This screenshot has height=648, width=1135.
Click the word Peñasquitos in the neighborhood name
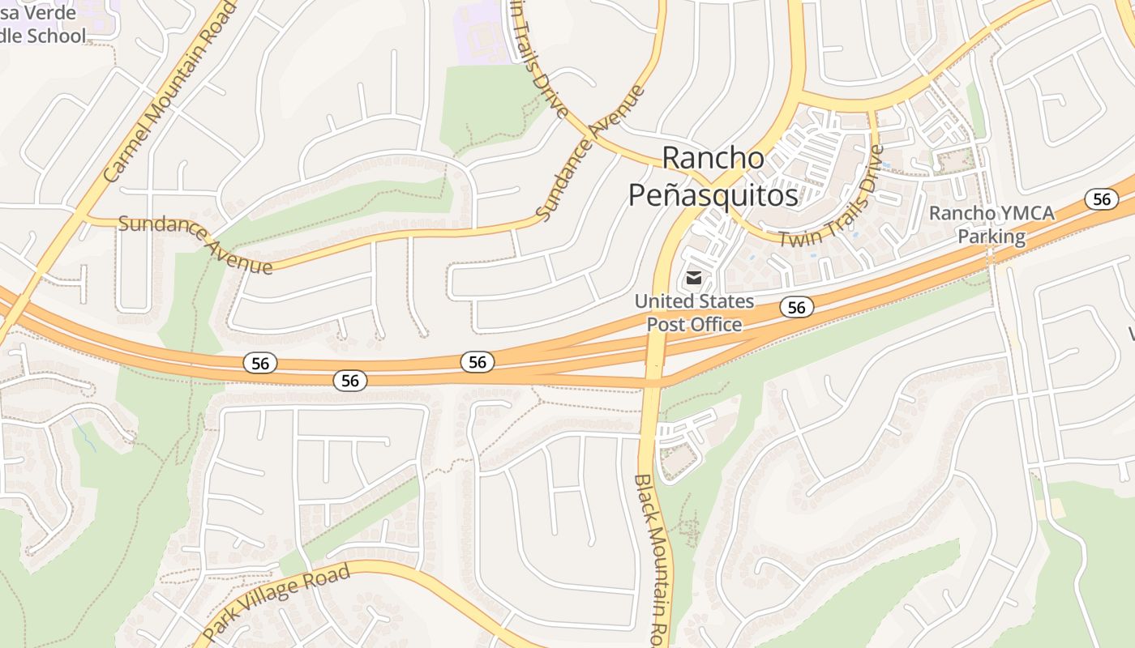pos(713,195)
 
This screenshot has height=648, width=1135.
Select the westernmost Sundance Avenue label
pos(195,243)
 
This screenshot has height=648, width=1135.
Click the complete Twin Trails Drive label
pos(830,198)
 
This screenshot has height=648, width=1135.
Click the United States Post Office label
pos(694,313)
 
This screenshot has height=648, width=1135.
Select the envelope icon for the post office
pos(694,278)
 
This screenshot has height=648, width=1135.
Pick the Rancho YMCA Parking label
pos(992,224)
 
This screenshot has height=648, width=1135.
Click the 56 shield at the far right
pos(1101,199)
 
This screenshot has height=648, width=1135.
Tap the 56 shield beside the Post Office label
pos(797,306)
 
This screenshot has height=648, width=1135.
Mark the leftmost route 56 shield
pos(260,363)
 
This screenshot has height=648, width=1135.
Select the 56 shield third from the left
pos(478,361)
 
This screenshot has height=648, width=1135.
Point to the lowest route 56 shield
pos(350,380)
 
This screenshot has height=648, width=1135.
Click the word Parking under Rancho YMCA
pos(992,237)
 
